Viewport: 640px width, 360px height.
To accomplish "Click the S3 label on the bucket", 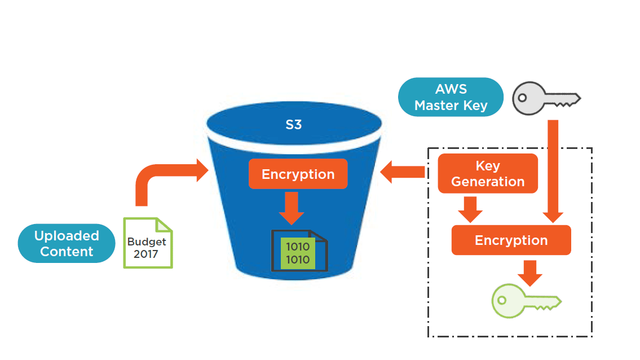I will (x=293, y=125).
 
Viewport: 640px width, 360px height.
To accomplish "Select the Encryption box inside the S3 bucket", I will (x=298, y=174).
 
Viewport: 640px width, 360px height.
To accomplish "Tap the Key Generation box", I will (x=488, y=174).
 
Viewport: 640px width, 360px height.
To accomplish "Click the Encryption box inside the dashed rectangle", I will (x=511, y=240).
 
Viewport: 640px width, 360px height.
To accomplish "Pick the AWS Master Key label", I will (x=451, y=97).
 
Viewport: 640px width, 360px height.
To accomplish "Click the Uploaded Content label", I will (x=67, y=243).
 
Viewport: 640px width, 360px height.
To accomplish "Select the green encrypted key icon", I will (x=524, y=300).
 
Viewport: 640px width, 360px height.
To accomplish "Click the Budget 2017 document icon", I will (x=148, y=243).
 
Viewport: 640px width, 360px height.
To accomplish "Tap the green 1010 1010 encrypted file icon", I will (x=298, y=252).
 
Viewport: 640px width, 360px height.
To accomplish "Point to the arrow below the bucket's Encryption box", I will (x=291, y=208).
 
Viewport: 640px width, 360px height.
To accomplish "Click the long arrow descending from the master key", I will (x=553, y=169).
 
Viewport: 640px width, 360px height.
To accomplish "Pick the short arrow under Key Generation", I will (x=470, y=209).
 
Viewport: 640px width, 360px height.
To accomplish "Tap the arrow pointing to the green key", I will (x=529, y=273).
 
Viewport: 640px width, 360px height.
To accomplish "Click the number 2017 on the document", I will (x=146, y=254).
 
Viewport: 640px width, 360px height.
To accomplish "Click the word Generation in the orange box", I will (x=488, y=182).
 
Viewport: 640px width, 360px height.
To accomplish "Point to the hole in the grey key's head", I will (x=523, y=98).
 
